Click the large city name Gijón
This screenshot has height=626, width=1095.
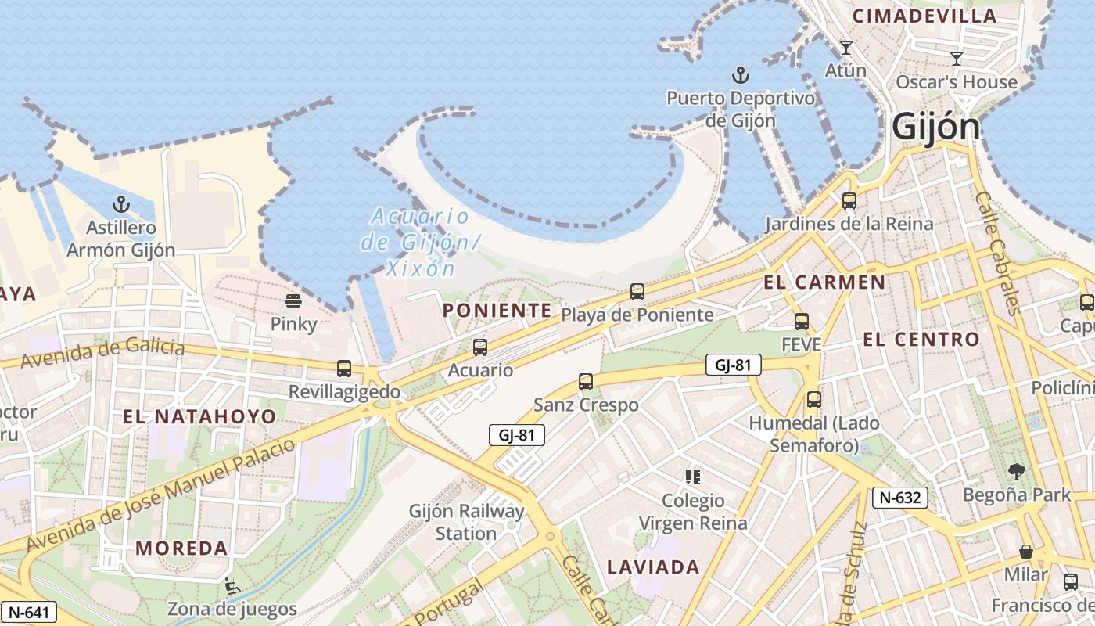click(935, 127)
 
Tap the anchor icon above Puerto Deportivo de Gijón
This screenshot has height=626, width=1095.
click(740, 76)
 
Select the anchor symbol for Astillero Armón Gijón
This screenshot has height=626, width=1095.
click(120, 205)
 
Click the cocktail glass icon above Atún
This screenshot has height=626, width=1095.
click(845, 48)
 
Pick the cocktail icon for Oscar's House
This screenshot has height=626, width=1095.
click(956, 59)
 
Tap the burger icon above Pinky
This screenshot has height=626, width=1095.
click(293, 301)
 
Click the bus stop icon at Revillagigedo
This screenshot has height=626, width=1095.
click(344, 369)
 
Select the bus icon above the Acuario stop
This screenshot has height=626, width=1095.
click(480, 347)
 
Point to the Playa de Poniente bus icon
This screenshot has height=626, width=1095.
click(637, 292)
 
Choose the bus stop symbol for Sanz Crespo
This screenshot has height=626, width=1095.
click(586, 382)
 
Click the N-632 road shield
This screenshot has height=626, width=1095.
click(900, 497)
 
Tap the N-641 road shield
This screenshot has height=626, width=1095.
click(28, 611)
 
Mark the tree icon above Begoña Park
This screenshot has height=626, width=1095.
click(1016, 471)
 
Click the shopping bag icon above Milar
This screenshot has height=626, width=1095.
click(1026, 552)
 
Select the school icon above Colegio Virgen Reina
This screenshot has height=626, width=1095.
click(692, 477)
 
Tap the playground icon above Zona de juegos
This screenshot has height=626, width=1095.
click(232, 585)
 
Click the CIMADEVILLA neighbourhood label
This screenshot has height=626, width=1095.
click(924, 16)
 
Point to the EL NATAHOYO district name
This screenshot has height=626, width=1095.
click(199, 416)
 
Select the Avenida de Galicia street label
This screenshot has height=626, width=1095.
click(102, 354)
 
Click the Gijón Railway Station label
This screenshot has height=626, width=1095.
click(466, 522)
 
